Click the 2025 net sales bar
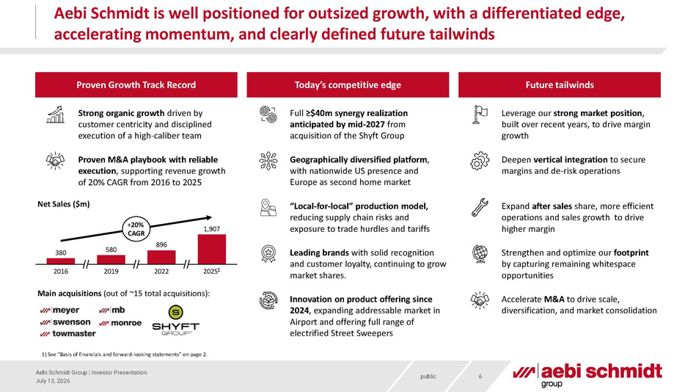pos(212,250)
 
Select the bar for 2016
pos(61,261)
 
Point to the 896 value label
pos(161,244)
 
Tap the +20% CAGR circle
pos(136,229)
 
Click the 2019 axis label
pos(111,271)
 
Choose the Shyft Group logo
pos(176,320)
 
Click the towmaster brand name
pos(68,333)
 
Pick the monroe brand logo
pos(120,323)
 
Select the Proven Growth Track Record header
pos(136,85)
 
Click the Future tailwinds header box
pos(560,85)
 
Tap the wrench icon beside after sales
pos(480,208)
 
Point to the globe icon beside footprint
pos(480,254)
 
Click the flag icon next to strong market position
pos(480,115)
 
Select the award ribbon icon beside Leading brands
pos(268,254)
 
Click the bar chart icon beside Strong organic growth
pos(56,115)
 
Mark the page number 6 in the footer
pos(480,377)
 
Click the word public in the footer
pos(428,377)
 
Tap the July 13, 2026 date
pos(53,381)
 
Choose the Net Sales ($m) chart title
pos(64,204)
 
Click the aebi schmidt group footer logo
pos(587,375)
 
